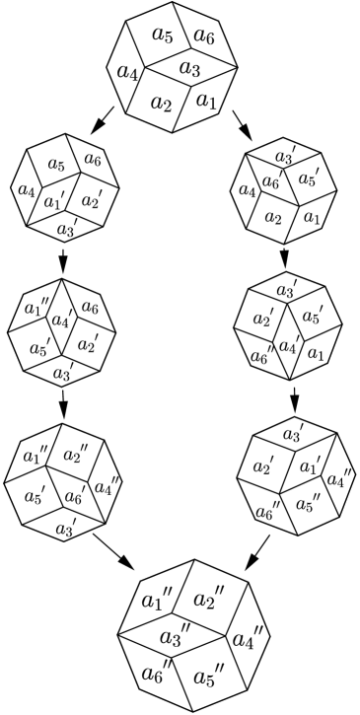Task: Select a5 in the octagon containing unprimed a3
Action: point(164,36)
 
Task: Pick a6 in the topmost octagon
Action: point(204,36)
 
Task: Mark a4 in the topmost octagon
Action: point(127,72)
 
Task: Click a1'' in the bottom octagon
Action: point(155,599)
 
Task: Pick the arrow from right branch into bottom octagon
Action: point(257,550)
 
